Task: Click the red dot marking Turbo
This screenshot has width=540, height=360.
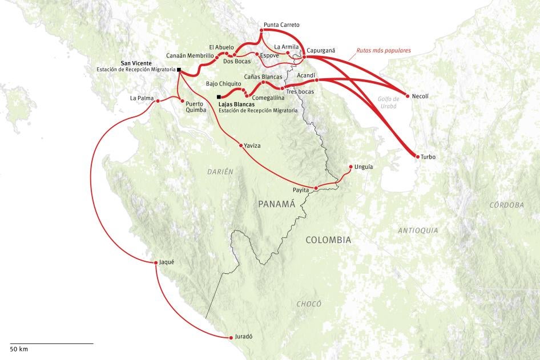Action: (x=417, y=156)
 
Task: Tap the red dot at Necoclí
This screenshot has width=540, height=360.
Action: (x=407, y=96)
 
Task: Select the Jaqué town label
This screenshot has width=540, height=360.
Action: (x=167, y=262)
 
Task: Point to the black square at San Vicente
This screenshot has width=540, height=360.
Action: (x=179, y=70)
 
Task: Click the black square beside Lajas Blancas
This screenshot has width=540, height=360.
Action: (x=219, y=97)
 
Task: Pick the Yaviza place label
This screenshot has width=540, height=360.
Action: (x=252, y=146)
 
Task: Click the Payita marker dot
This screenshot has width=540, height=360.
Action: (x=316, y=188)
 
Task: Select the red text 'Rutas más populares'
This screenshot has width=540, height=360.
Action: (x=383, y=50)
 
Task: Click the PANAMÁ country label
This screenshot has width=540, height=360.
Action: (x=276, y=204)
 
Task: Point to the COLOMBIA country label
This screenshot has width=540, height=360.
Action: (x=328, y=240)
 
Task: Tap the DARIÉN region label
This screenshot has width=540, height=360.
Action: (x=220, y=172)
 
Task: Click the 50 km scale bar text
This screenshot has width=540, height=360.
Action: (x=19, y=349)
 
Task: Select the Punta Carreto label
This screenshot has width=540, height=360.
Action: (x=281, y=25)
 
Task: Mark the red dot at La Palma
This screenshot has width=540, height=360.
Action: (x=157, y=102)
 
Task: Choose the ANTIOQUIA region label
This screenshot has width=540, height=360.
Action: (x=418, y=230)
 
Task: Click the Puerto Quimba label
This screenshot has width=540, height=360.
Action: (x=195, y=107)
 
